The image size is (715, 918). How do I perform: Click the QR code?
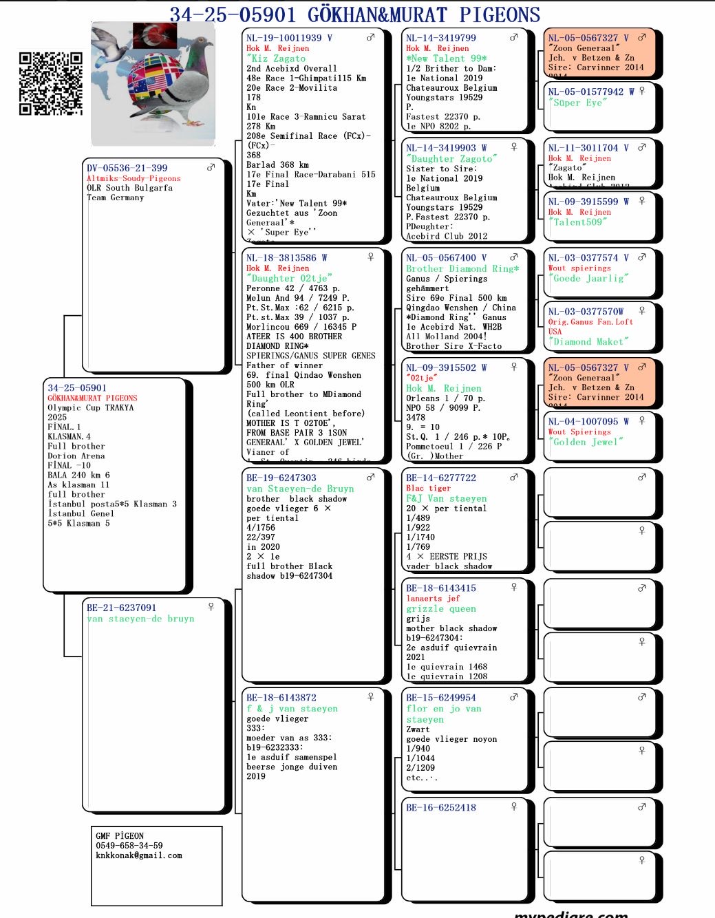point(50,83)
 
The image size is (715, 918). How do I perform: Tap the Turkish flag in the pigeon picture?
point(155,36)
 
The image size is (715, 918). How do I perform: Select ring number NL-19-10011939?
point(284,38)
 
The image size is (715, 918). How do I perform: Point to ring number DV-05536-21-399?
point(127,168)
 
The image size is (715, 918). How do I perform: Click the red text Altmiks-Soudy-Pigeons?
point(134,178)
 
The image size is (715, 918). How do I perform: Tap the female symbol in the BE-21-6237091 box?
point(211,607)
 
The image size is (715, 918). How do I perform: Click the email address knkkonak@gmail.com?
point(139,855)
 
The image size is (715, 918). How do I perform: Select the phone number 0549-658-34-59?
point(129,846)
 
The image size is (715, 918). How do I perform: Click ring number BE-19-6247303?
point(281,478)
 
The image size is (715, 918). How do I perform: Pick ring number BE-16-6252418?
point(440,808)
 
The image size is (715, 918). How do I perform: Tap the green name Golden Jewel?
point(586,442)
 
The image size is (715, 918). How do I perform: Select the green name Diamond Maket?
point(588,342)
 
